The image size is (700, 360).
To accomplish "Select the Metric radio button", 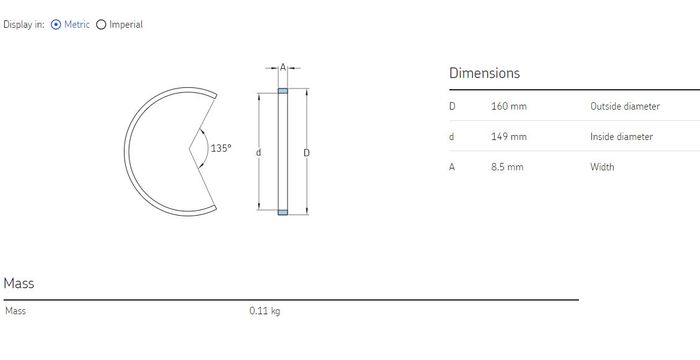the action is [x=56, y=25].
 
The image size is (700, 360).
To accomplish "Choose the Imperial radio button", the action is [x=101, y=25].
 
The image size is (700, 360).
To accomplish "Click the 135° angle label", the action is [x=221, y=148].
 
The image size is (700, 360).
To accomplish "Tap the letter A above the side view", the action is [x=283, y=67].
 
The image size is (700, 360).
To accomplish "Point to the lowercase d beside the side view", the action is [x=258, y=153].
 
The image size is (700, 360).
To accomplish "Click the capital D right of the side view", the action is [x=307, y=153].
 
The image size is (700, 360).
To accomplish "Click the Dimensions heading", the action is [x=484, y=73].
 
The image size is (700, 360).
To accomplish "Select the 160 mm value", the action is [x=509, y=106].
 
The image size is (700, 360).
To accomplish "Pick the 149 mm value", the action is [x=509, y=137].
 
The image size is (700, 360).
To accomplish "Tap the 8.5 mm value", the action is [x=507, y=167].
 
